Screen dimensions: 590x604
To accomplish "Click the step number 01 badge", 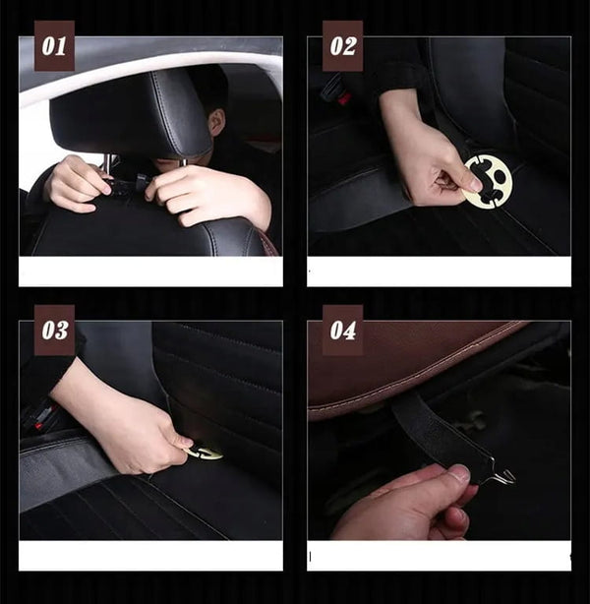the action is coord(54,46).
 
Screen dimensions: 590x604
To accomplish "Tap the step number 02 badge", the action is coord(342,46).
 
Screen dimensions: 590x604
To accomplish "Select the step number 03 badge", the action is coord(54,331).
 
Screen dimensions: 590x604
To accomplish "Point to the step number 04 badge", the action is coord(342,331).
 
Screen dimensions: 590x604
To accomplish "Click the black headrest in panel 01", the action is coord(131,114).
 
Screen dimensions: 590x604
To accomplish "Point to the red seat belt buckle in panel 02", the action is coord(344,98).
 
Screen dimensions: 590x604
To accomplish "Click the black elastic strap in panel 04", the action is coord(439,432).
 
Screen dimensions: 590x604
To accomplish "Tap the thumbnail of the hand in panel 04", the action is coord(458,472).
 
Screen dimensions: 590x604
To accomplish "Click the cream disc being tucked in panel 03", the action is coord(205,453).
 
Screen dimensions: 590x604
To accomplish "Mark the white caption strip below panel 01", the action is coord(150,272).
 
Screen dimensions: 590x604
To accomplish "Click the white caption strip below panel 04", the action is coord(439,556).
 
